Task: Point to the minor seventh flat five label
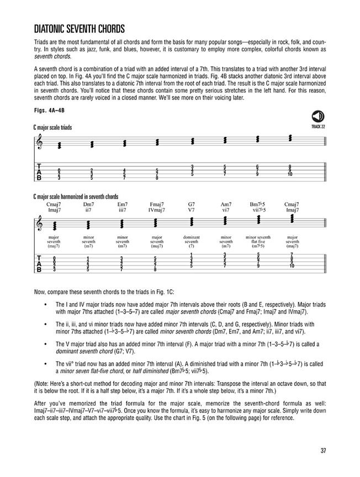(x=257, y=242)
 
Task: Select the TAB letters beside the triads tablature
(x=39, y=172)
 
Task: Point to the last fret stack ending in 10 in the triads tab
(x=289, y=171)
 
